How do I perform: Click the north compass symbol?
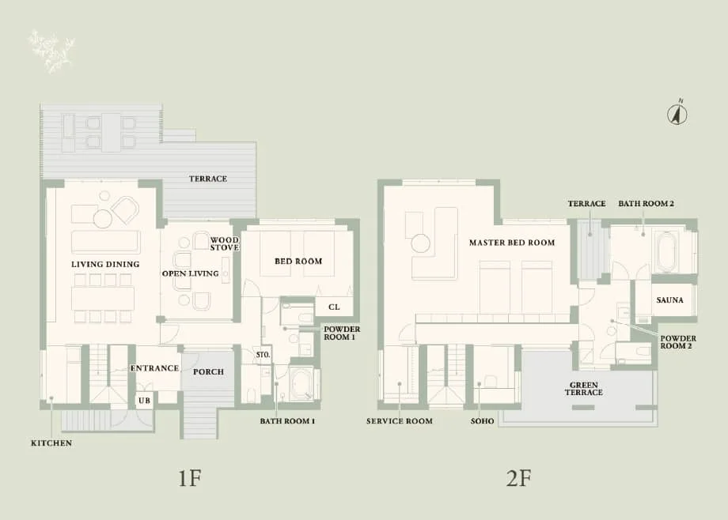point(678,114)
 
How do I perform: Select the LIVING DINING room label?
point(105,264)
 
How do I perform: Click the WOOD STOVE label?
point(225,243)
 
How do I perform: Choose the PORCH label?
point(208,371)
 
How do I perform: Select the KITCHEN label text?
point(51,443)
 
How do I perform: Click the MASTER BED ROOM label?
point(511,243)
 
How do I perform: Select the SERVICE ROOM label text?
point(400,421)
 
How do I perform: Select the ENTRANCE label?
point(154,368)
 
